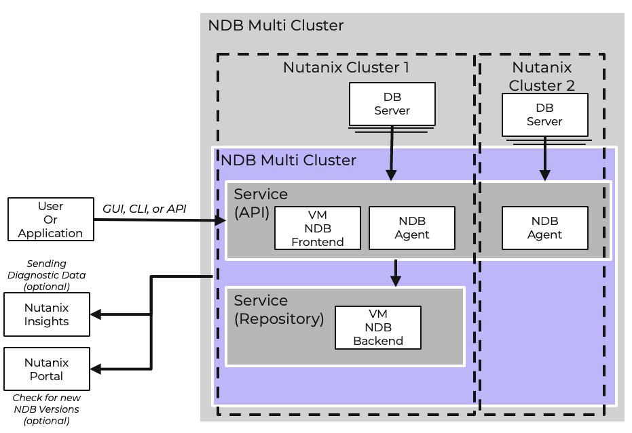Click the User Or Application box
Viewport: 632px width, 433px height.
point(50,220)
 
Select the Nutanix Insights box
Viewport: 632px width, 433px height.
point(46,314)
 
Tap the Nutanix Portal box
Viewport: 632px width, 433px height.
point(46,369)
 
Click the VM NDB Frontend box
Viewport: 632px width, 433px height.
point(317,228)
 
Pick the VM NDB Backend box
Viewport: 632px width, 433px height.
point(377,327)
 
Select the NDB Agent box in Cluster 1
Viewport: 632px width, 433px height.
point(411,228)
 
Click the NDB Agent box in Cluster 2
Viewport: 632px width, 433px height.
point(544,228)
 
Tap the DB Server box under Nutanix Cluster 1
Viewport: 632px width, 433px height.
point(392,104)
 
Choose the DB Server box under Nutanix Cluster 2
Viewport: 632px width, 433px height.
point(544,115)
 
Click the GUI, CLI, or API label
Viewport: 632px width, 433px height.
point(144,209)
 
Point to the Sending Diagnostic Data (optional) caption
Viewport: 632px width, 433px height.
point(46,274)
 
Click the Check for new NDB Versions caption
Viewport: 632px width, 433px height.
point(46,409)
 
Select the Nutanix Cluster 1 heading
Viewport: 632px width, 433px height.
point(346,68)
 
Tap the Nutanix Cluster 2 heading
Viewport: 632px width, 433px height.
point(542,77)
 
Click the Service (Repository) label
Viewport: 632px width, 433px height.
point(279,310)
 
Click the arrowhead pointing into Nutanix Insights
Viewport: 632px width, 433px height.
point(96,314)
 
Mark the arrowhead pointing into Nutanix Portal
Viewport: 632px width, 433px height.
point(96,369)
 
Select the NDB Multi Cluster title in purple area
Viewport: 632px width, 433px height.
point(289,161)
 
